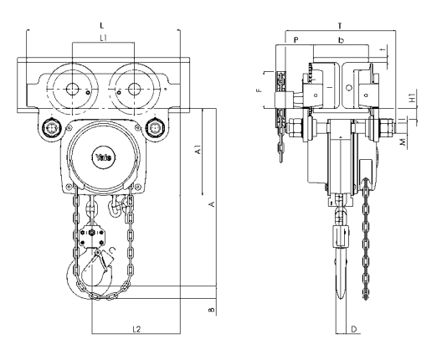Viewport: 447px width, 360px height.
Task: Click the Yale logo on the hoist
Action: tap(104, 157)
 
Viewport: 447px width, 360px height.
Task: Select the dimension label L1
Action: tap(103, 38)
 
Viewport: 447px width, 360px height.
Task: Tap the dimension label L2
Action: tap(136, 329)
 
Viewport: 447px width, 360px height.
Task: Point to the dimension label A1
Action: tap(198, 150)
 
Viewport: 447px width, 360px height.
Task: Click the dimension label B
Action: tap(212, 310)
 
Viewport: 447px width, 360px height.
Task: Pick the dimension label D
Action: tap(353, 329)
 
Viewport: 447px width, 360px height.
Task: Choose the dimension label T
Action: tap(340, 26)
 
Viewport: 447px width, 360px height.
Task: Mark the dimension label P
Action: tap(296, 40)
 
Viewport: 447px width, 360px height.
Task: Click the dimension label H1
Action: tap(412, 98)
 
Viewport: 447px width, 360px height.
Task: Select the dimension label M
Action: tap(403, 142)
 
